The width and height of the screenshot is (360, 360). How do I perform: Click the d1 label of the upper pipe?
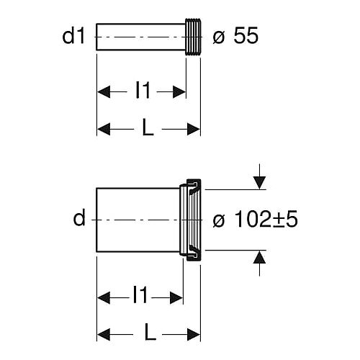click(73, 36)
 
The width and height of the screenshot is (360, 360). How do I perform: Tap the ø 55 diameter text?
click(235, 36)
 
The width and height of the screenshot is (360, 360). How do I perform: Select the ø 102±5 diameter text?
click(255, 219)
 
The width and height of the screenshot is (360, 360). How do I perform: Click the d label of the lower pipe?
click(79, 217)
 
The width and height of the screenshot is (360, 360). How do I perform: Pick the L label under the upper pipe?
click(148, 127)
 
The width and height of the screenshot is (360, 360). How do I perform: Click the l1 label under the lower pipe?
click(140, 295)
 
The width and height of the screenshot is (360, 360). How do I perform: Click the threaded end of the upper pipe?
click(193, 37)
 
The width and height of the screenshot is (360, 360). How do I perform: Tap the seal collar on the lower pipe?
click(190, 220)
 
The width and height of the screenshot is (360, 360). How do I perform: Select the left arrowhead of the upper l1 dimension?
click(104, 91)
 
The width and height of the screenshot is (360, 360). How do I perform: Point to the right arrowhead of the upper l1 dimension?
click(179, 91)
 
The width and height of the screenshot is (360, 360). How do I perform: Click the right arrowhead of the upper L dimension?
click(194, 129)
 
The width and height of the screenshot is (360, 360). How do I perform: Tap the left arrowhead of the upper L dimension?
click(104, 129)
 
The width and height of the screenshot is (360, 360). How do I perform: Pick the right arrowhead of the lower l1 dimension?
click(176, 298)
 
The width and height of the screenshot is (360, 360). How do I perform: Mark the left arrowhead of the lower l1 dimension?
click(104, 298)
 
